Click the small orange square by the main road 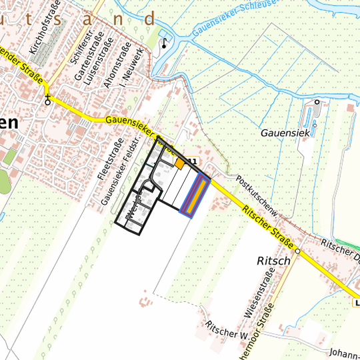coord(179,163)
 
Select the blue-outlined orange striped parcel coord(196,196)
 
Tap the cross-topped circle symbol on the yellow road coord(47,101)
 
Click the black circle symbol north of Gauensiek coord(317,102)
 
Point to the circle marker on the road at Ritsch coord(298,251)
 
